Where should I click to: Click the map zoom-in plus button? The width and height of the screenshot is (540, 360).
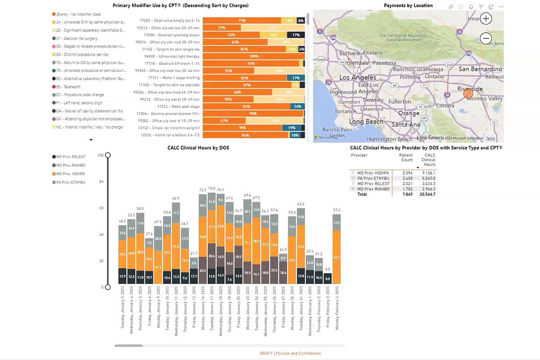(486, 18)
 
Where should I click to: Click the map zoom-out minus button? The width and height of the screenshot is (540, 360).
(486, 39)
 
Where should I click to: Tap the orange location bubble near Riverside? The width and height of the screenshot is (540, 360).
(468, 94)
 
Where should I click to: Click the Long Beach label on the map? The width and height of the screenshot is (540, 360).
(366, 122)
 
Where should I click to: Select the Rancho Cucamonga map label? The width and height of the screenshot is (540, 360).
(418, 69)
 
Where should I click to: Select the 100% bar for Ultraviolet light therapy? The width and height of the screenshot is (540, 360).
(254, 56)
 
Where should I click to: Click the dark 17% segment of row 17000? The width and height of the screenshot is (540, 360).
(296, 35)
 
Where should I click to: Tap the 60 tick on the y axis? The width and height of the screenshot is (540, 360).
(101, 208)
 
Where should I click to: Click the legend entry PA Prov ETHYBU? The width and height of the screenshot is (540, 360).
(70, 182)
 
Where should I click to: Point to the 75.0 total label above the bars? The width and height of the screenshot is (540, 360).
(211, 189)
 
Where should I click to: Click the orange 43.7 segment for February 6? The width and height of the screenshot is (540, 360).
(336, 257)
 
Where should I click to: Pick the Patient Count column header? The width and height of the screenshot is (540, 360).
(406, 157)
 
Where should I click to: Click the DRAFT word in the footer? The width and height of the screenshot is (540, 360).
(266, 353)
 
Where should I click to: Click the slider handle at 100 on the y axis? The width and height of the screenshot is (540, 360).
(108, 155)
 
